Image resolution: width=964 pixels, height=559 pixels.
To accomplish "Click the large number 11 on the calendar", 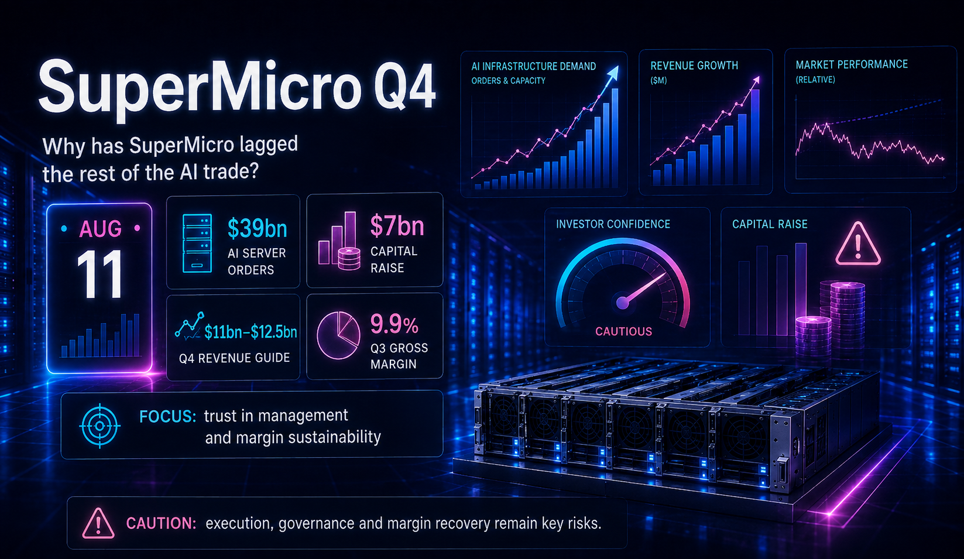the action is tap(100, 274).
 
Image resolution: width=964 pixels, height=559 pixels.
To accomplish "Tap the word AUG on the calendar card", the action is tap(100, 228).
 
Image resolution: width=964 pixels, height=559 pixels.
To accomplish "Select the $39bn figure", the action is tap(258, 228).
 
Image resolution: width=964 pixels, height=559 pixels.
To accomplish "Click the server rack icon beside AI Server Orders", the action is tap(197, 243).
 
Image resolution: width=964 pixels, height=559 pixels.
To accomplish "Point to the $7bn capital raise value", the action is tap(397, 226).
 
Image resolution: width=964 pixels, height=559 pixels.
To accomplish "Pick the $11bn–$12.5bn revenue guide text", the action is tap(251, 332).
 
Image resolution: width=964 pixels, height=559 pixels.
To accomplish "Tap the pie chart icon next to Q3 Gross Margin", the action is tap(338, 335).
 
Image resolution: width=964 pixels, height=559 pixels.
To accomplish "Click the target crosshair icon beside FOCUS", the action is tap(100, 426).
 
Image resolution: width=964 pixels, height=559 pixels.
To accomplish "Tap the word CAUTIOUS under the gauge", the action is tap(623, 331).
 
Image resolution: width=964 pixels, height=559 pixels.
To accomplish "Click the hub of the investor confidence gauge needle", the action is tap(623, 303).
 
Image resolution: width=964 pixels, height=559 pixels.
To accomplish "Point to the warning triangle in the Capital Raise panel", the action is tap(857, 244).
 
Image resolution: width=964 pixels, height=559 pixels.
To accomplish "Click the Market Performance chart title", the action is tap(852, 64).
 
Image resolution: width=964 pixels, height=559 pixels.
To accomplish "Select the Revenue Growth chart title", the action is tap(694, 66).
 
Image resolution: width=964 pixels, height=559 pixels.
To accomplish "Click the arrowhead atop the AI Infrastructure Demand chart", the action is tap(613, 73).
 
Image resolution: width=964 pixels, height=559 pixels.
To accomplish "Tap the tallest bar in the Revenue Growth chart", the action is tap(755, 137).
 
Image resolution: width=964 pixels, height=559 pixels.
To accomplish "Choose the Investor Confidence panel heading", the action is tap(613, 224).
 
